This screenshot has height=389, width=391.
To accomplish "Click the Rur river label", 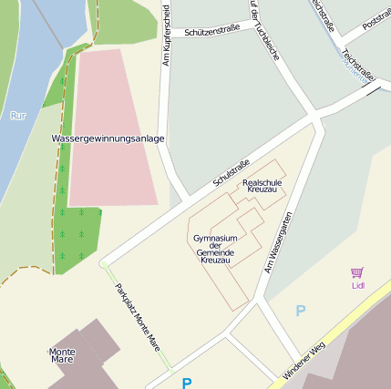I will pyautogui.click(x=18, y=116).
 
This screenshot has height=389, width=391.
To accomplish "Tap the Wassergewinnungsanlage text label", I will pyautogui.click(x=108, y=138).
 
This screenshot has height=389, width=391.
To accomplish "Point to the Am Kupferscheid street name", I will pyautogui.click(x=167, y=36).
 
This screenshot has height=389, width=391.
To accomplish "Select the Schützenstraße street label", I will pyautogui.click(x=211, y=30).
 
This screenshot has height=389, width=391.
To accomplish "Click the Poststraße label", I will pyautogui.click(x=376, y=18).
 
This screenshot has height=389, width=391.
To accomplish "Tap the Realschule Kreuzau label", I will pyautogui.click(x=261, y=185).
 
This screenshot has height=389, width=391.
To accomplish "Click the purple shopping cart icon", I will pyautogui.click(x=356, y=272).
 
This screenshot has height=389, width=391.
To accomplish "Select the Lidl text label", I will pyautogui.click(x=357, y=285).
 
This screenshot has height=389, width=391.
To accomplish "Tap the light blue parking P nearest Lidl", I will pyautogui.click(x=301, y=312).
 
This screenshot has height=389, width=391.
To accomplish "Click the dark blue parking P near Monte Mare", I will pyautogui.click(x=187, y=383).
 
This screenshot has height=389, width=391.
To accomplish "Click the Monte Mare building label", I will pyautogui.click(x=62, y=355).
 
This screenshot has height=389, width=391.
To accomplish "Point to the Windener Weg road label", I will pyautogui.click(x=304, y=361).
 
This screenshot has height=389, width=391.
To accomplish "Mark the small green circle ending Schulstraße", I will pyautogui.click(x=104, y=264).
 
